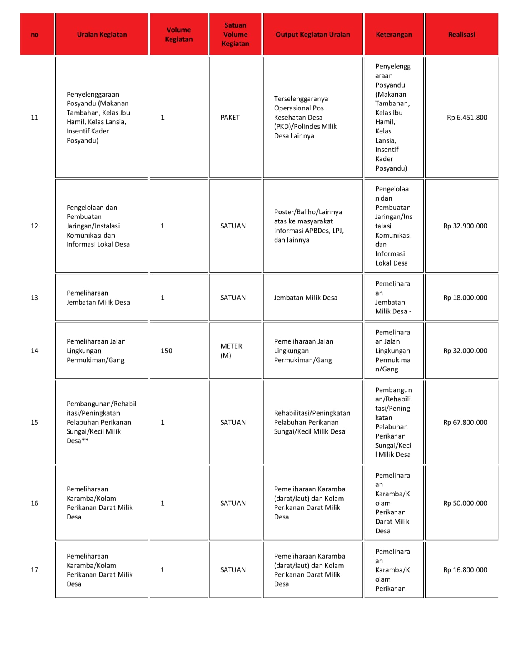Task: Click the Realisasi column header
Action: (461, 35)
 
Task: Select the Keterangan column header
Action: (394, 35)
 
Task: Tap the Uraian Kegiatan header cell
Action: (102, 35)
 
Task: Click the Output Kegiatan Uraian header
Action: (312, 35)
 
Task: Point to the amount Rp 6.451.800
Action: (467, 118)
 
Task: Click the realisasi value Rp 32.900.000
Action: (465, 226)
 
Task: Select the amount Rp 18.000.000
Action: (465, 298)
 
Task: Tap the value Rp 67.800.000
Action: (465, 422)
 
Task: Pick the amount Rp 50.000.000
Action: (465, 503)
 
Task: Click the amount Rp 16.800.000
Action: (465, 570)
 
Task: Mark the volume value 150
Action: (166, 351)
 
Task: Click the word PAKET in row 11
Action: (230, 118)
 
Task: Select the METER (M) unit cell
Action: (231, 351)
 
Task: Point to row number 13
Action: (35, 298)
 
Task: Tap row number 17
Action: (35, 570)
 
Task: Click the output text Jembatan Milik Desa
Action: (305, 298)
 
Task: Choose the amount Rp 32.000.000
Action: (465, 351)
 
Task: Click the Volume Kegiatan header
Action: (179, 35)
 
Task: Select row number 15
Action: (35, 422)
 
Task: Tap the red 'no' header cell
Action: (35, 35)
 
